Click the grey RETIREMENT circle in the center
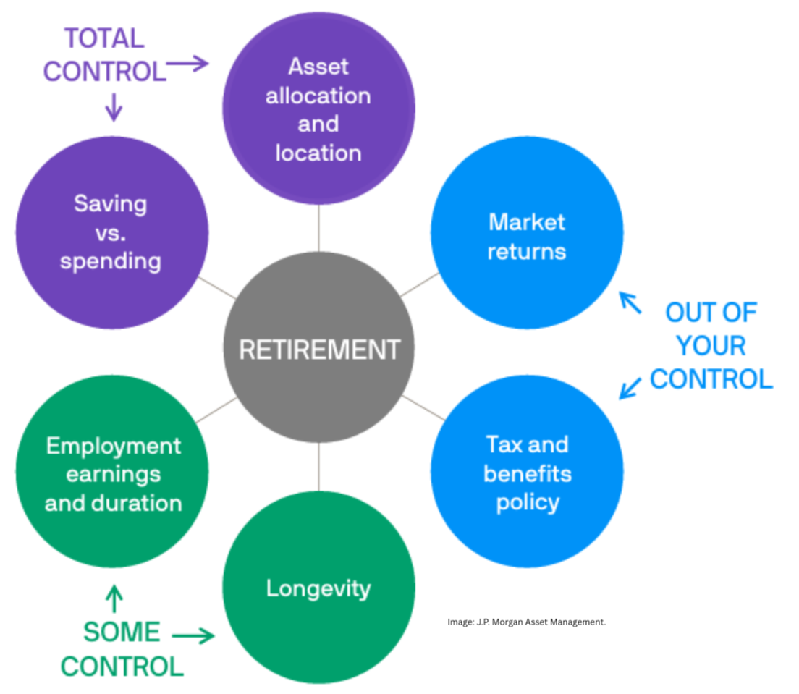(x=318, y=350)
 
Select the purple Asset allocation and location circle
(x=318, y=109)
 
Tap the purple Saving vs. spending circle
(x=111, y=232)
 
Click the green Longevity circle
(x=318, y=588)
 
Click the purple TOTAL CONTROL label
(x=103, y=54)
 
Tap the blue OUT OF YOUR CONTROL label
(x=711, y=346)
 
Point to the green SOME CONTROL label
(x=122, y=648)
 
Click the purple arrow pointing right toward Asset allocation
(x=188, y=64)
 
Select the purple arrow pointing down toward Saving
(x=113, y=108)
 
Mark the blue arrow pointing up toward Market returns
(x=630, y=302)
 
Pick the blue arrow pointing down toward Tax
(x=630, y=387)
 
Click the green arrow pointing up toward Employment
(x=114, y=598)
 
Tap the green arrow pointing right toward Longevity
(x=193, y=636)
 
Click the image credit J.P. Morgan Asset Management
(x=525, y=621)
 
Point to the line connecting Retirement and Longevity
(x=318, y=467)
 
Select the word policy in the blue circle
(x=528, y=502)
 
